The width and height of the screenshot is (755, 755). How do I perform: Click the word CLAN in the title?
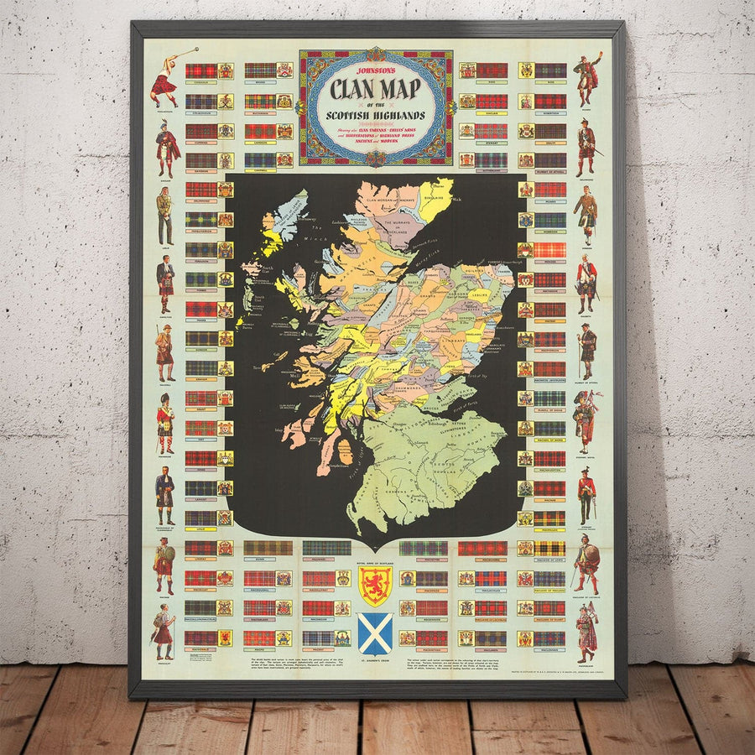(347, 88)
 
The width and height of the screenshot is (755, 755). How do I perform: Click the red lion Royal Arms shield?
(374, 585)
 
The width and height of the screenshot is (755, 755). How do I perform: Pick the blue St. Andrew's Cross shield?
(374, 633)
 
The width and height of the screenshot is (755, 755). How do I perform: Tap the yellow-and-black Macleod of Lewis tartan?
(549, 548)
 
